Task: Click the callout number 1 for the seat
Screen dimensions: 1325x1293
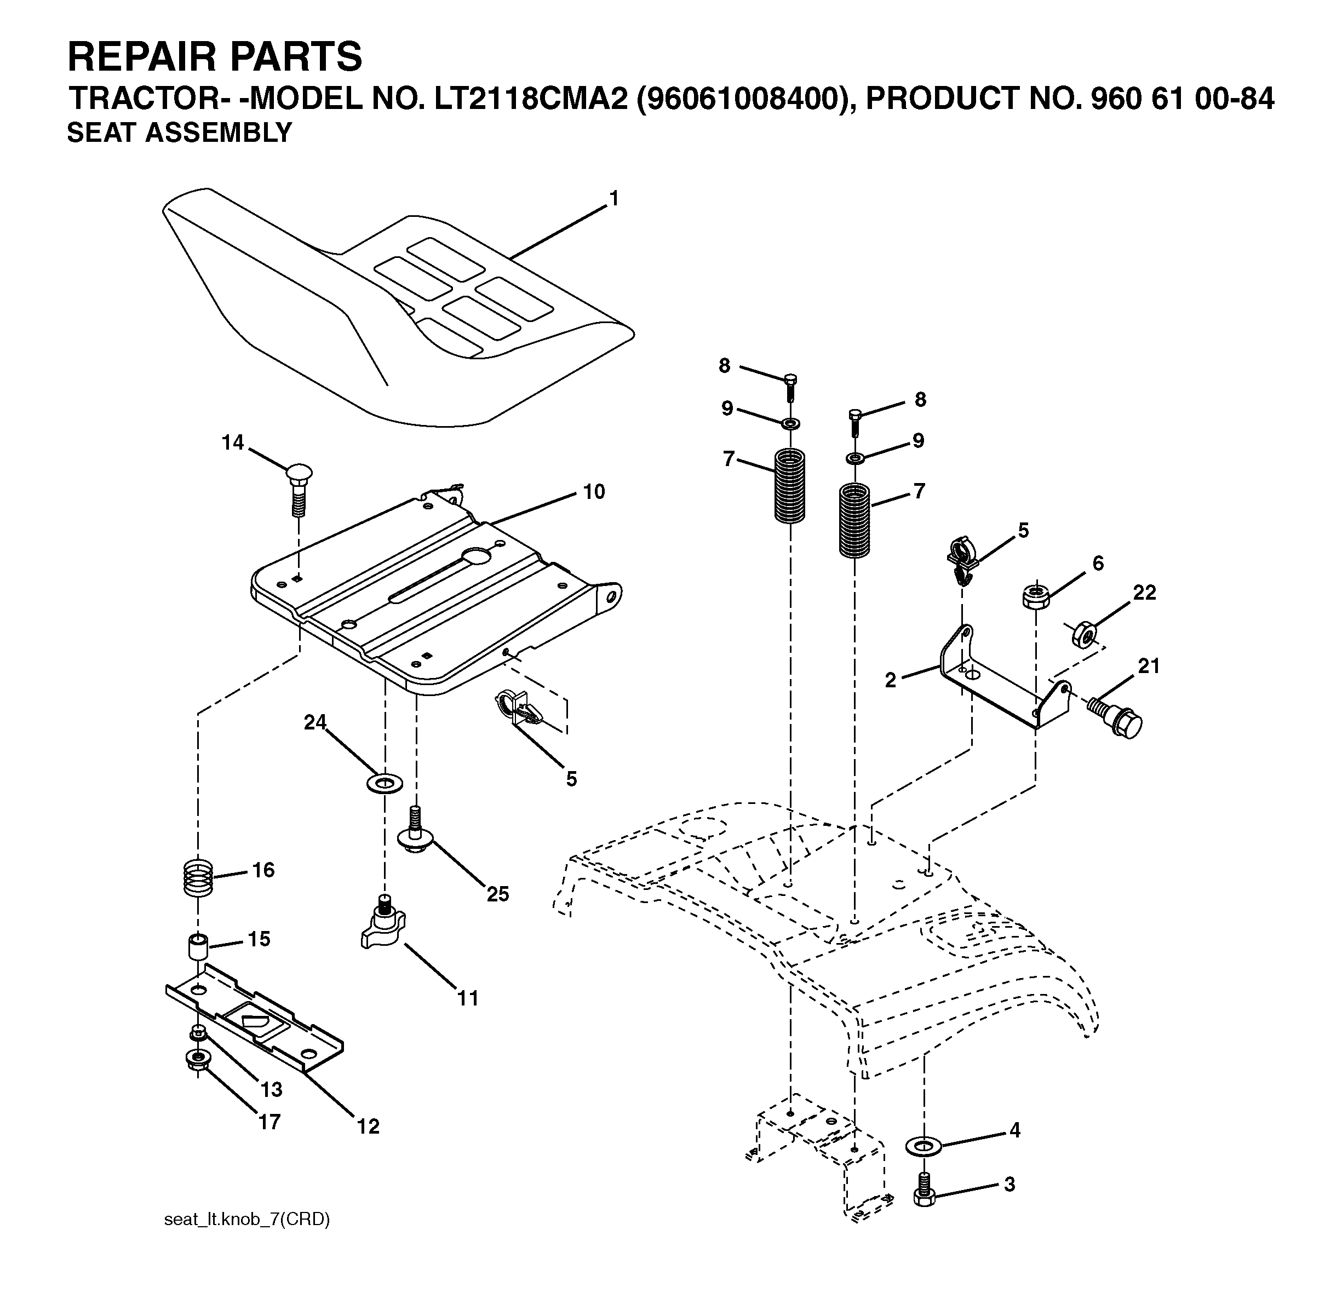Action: [614, 199]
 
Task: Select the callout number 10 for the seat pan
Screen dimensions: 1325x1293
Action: [594, 492]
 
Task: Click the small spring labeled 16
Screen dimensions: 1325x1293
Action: [199, 878]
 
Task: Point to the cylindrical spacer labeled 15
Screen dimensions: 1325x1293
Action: [198, 947]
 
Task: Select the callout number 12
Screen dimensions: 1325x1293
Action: [368, 1127]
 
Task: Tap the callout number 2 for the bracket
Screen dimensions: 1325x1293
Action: [890, 680]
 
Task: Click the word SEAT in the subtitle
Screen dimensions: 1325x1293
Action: [101, 133]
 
